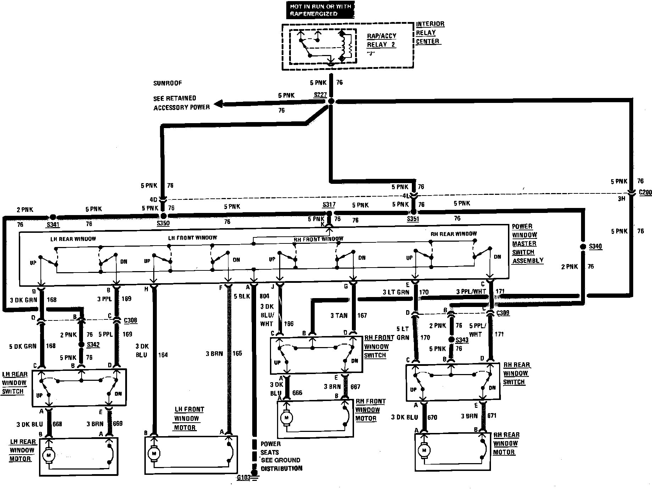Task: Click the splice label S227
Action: point(320,95)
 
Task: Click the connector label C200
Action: point(645,192)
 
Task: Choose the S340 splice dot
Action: point(582,246)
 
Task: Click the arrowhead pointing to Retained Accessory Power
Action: point(218,104)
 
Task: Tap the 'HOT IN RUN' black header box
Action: point(320,10)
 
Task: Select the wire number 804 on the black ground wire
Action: point(264,296)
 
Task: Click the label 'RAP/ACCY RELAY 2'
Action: point(381,40)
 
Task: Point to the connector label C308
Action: point(130,320)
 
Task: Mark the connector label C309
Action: point(503,313)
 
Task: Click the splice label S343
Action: point(462,340)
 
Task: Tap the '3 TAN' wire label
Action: point(339,315)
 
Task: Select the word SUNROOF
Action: point(167,83)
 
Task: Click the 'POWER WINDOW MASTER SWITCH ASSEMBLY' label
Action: point(527,243)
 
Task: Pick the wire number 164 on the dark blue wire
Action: point(163,355)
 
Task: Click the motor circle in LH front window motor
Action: point(154,453)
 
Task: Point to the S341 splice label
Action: point(53,224)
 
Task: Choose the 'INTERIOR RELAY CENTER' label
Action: point(430,33)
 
